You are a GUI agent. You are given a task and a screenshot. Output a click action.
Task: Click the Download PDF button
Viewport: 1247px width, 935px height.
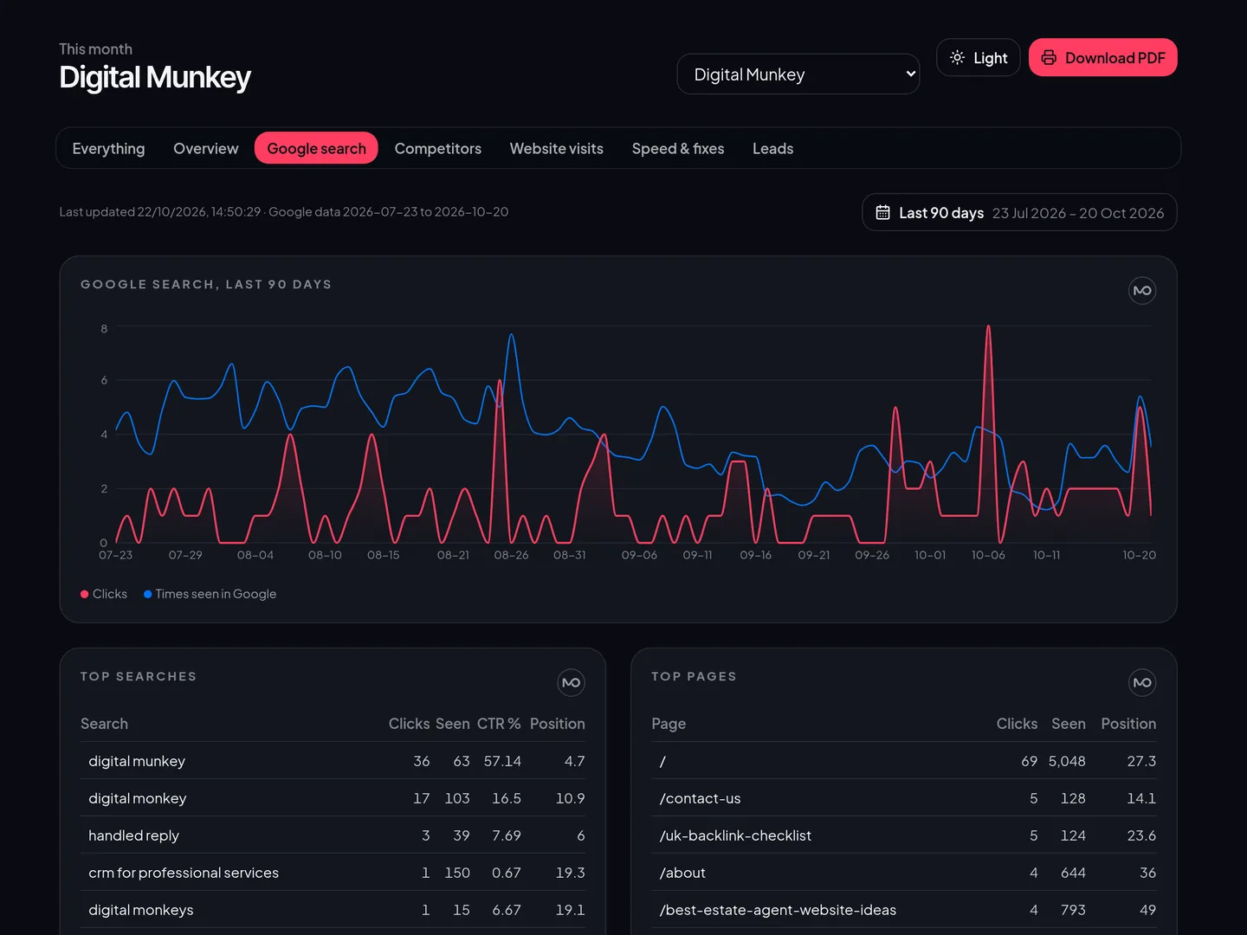click(1102, 57)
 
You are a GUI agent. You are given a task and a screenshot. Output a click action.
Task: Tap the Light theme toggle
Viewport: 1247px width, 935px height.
click(979, 57)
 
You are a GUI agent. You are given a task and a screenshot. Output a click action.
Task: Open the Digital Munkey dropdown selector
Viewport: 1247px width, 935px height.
click(798, 74)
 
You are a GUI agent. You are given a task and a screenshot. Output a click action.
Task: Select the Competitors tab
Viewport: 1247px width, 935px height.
click(437, 148)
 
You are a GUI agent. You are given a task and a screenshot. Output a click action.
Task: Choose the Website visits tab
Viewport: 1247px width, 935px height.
click(556, 148)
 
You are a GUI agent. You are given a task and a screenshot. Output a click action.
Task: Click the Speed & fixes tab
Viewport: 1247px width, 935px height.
click(678, 148)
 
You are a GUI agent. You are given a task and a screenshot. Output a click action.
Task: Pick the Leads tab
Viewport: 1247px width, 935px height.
click(772, 148)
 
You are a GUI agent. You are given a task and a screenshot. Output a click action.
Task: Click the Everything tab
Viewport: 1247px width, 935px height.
click(108, 148)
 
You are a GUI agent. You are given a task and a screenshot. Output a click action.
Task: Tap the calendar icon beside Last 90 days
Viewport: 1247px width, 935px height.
click(882, 212)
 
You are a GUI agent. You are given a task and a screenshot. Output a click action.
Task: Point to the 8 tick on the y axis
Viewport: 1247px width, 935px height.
click(104, 328)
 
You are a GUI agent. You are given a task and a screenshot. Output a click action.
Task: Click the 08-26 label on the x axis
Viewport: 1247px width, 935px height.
click(511, 555)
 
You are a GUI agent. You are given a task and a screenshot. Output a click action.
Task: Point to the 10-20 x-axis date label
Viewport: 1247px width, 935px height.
click(1139, 555)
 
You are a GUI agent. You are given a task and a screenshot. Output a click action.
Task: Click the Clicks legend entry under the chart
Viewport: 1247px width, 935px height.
click(104, 594)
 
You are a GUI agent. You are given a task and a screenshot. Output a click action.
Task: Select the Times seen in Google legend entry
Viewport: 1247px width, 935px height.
click(210, 594)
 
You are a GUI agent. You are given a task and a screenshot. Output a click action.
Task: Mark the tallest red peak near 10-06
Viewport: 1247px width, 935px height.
click(989, 326)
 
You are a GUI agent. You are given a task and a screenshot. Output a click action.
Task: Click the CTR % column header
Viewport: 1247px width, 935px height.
click(498, 723)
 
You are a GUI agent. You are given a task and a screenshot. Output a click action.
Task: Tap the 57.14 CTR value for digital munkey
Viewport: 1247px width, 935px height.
click(502, 761)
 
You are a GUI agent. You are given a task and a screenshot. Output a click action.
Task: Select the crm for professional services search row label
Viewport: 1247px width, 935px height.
click(184, 873)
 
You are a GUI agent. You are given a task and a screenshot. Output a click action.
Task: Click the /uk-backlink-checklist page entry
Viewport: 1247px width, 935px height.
click(735, 835)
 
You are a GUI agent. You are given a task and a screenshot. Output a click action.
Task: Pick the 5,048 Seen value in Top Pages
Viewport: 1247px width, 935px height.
click(1066, 761)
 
